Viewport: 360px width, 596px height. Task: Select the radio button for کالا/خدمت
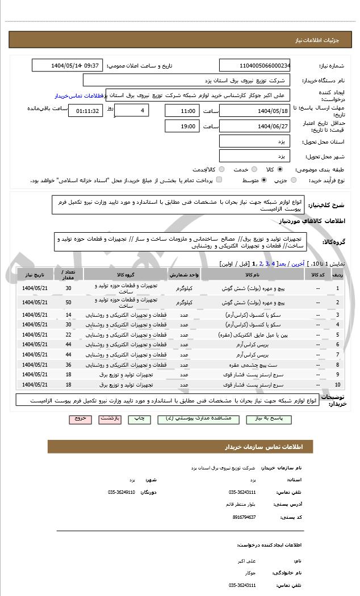point(221,169)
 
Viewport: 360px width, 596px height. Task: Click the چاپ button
point(139,418)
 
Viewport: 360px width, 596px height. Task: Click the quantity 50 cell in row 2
point(69,301)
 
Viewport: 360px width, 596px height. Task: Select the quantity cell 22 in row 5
point(69,335)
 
